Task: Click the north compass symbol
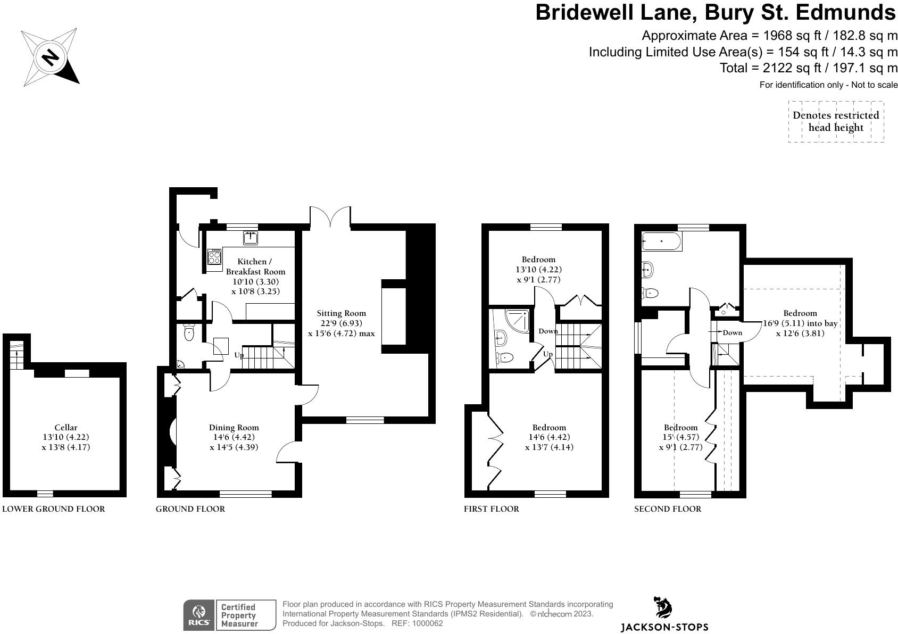point(51,57)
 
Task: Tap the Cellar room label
point(66,427)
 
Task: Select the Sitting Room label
point(341,313)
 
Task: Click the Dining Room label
point(234,427)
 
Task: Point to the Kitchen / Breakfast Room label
point(255,266)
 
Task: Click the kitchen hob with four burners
point(215,257)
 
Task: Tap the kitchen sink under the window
point(251,237)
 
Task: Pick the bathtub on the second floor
point(661,241)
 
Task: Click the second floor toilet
point(650,293)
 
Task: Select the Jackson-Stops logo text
point(664,627)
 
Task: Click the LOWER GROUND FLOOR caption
point(54,509)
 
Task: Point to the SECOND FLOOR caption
point(668,509)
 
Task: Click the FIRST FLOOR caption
point(491,509)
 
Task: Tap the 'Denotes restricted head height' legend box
point(836,122)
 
